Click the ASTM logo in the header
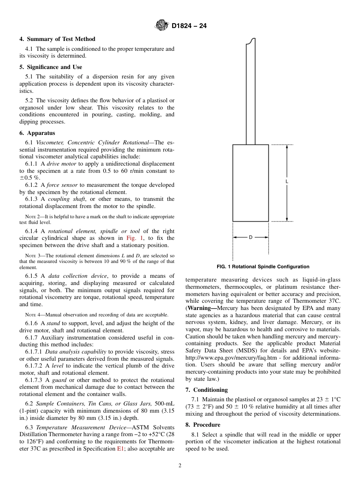click(161, 26)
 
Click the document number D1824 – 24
click(189, 26)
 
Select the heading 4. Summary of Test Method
click(57, 39)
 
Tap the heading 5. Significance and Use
click(51, 67)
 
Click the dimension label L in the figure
click(286, 182)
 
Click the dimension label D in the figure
click(250, 237)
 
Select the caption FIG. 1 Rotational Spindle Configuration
click(263, 267)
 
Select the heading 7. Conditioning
click(207, 390)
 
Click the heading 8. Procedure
click(203, 425)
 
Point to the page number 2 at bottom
click(180, 466)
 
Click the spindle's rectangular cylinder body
click(250, 183)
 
